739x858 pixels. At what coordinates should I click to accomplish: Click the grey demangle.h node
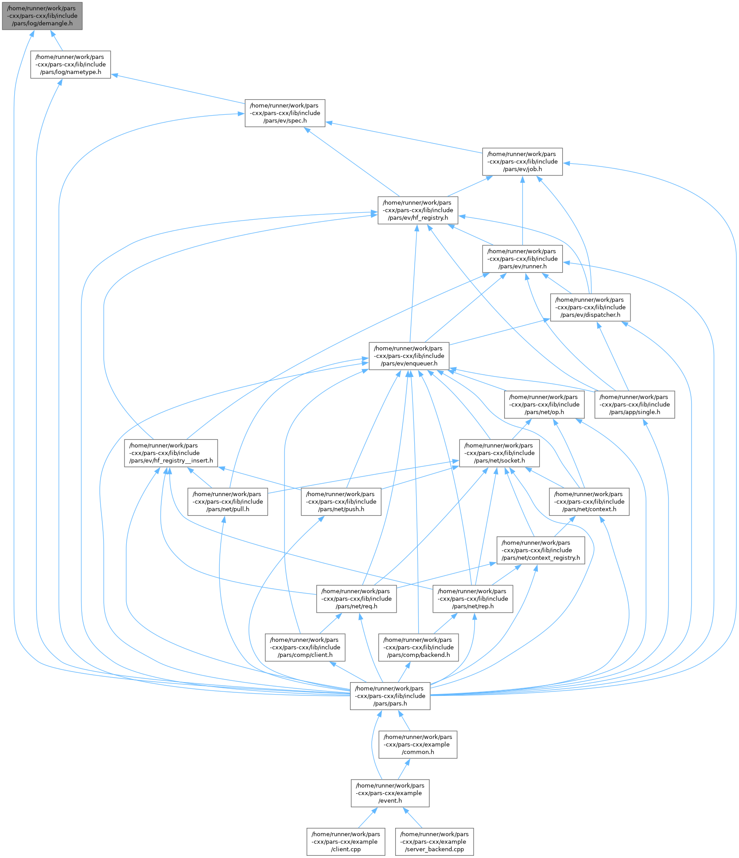point(42,16)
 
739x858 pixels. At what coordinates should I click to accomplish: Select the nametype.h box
point(70,65)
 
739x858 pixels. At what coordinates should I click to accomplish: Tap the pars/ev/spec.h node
point(285,113)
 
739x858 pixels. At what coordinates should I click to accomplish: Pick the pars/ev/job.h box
point(522,162)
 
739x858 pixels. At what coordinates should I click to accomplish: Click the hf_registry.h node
point(418,210)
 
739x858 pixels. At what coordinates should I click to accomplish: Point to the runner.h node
point(522,259)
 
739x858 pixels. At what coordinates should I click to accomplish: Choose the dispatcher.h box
point(590,307)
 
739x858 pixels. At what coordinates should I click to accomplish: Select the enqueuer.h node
point(409,356)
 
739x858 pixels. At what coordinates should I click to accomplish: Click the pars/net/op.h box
point(544,404)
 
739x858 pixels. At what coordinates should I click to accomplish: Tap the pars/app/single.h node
point(634,404)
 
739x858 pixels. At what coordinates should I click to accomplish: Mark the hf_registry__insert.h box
point(171,453)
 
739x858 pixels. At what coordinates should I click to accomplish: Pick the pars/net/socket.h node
point(499,453)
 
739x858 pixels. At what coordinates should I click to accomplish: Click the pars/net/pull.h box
point(228,502)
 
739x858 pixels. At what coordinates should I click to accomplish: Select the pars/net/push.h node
point(341,502)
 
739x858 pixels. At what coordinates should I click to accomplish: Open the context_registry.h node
point(541,550)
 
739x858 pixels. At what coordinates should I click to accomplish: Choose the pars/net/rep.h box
point(473,599)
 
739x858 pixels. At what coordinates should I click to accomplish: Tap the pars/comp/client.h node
point(305,648)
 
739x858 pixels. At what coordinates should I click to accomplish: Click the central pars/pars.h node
point(390,696)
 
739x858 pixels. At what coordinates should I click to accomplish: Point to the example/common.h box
point(418,745)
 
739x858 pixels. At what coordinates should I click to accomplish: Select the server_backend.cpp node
point(434,842)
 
